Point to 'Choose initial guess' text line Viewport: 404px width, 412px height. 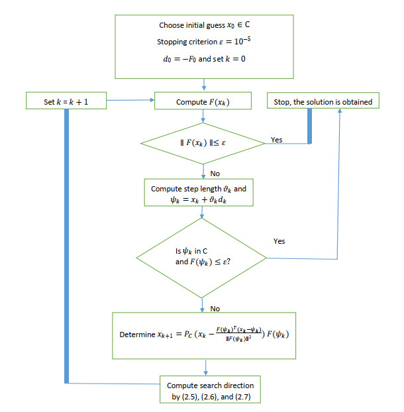[204, 25]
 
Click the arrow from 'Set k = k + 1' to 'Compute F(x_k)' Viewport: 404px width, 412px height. [130, 101]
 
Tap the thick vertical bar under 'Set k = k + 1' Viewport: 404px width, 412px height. [66, 245]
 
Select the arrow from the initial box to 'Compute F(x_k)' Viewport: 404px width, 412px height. [205, 85]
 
